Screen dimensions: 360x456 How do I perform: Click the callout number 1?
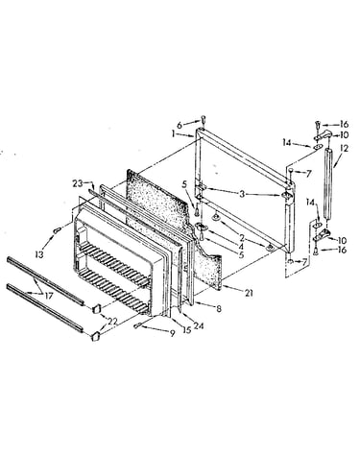click(x=173, y=134)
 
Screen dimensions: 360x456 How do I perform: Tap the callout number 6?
click(x=180, y=125)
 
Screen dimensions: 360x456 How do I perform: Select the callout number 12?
click(x=345, y=148)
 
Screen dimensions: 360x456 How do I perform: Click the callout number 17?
click(x=49, y=296)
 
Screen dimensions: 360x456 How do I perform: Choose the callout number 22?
click(x=112, y=321)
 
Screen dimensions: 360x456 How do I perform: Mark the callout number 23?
click(x=77, y=184)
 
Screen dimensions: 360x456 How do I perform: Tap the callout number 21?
click(x=249, y=292)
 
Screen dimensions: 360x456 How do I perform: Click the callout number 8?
click(x=219, y=309)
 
